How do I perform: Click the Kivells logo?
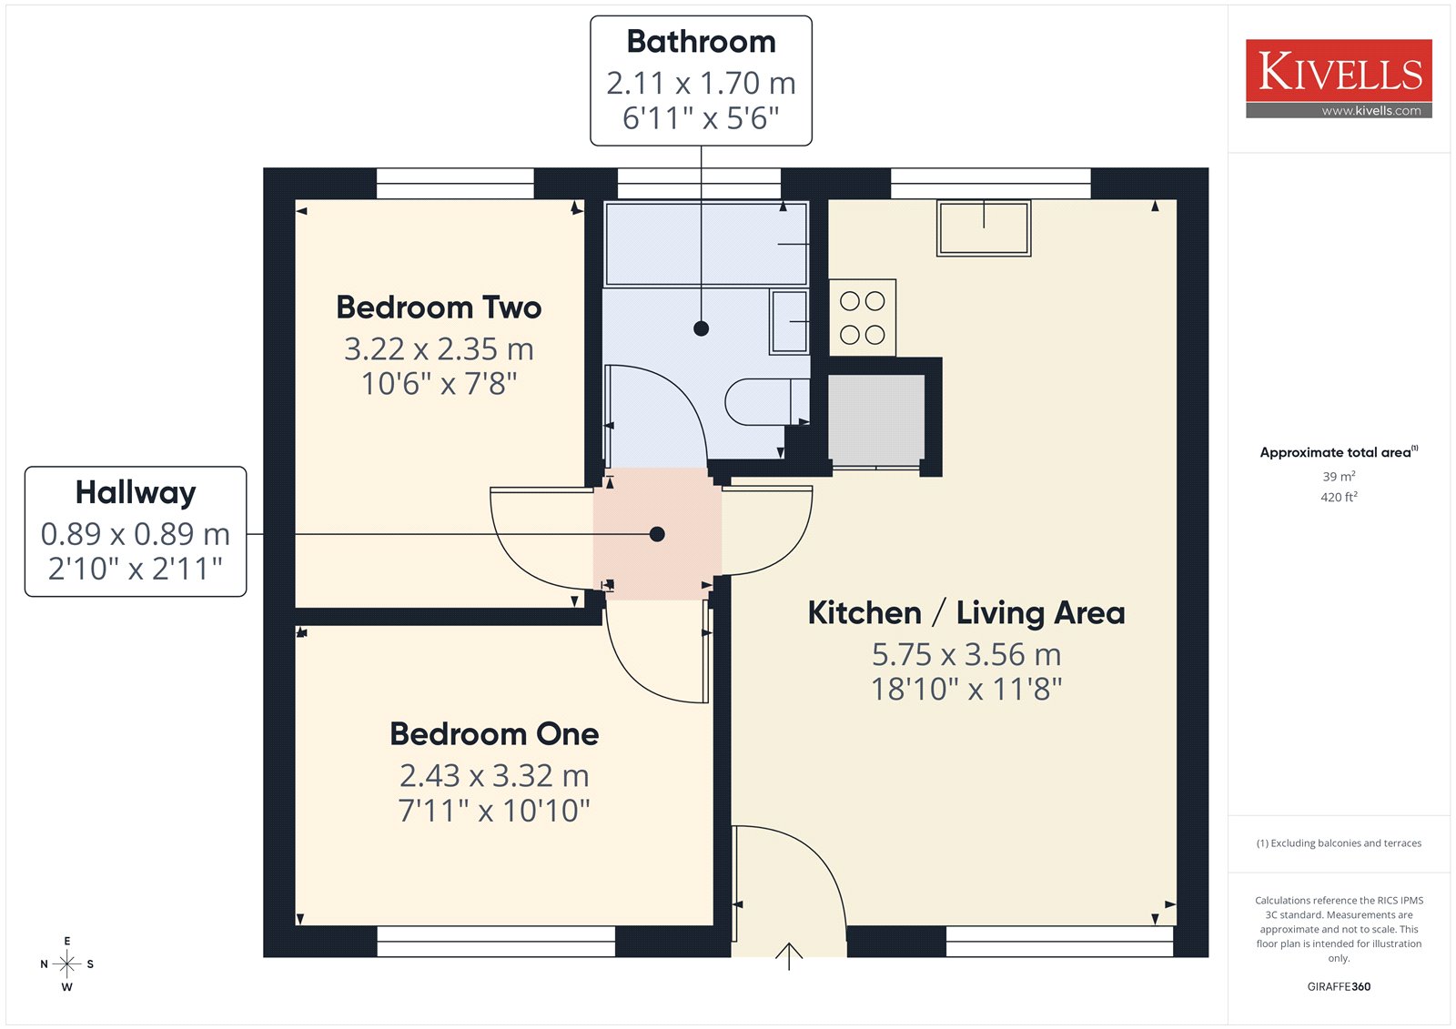coord(1339,78)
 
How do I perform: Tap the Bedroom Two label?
coord(439,308)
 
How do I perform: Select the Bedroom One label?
coord(494,734)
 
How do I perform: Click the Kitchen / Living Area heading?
coord(966,613)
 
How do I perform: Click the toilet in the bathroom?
coord(767,402)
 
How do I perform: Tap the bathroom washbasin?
coord(789,322)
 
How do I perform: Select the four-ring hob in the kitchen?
coord(863,318)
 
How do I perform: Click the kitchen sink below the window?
coord(984,228)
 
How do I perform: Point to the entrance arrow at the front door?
coord(788,956)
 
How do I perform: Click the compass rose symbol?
coord(67,963)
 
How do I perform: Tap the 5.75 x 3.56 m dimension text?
coord(966,654)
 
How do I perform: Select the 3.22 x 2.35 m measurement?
coord(439,349)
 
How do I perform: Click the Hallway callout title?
coord(136,493)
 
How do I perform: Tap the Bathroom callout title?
coord(701,42)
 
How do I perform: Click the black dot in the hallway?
coord(657,534)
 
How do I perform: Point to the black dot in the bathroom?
coord(701,328)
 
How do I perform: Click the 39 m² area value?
coord(1339,477)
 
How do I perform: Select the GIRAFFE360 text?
coord(1339,986)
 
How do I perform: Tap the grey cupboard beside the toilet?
coord(876,420)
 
